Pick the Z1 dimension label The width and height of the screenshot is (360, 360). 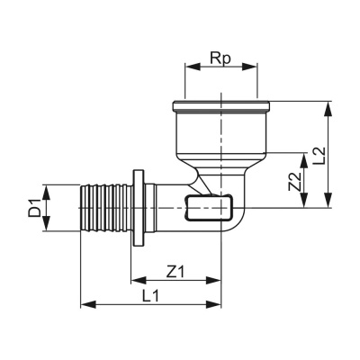click(176, 270)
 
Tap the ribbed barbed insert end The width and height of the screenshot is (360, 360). click(106, 210)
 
